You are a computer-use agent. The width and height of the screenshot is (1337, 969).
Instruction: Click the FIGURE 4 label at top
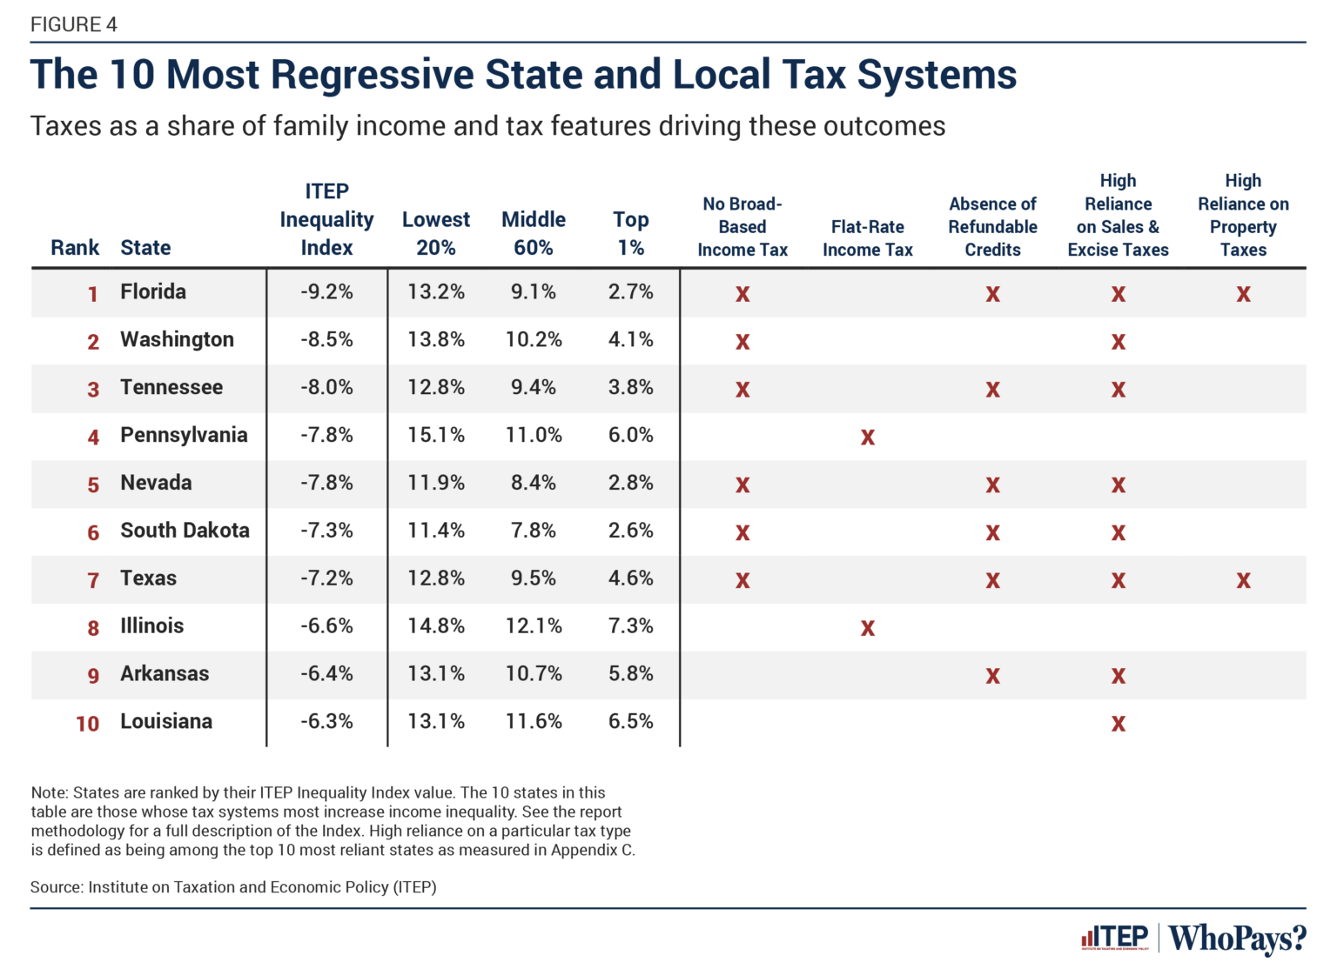(x=74, y=24)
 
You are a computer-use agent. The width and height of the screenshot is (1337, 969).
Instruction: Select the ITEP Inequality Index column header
(x=326, y=219)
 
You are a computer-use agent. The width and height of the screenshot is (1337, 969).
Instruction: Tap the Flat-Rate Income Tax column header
(x=867, y=237)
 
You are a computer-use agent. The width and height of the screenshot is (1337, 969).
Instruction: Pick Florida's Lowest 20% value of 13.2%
(x=435, y=292)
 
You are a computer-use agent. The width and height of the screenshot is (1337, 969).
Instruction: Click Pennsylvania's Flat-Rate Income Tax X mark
(x=867, y=437)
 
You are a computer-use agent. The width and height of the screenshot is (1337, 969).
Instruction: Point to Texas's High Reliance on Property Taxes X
(x=1243, y=580)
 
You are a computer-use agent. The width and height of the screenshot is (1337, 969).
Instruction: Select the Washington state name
(x=177, y=339)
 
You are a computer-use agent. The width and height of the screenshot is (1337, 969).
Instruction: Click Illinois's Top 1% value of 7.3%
(x=630, y=626)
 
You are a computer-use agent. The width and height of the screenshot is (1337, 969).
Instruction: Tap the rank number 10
(x=87, y=724)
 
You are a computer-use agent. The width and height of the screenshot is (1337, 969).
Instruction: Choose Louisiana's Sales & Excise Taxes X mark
(x=1118, y=724)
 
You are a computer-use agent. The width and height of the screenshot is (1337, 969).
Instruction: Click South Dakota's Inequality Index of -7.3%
(x=326, y=531)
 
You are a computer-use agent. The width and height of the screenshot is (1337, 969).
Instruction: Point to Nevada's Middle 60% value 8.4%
(x=533, y=483)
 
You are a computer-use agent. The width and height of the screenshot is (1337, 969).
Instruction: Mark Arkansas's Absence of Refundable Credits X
(x=992, y=676)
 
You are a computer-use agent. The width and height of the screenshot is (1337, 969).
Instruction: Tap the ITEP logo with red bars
(x=1115, y=938)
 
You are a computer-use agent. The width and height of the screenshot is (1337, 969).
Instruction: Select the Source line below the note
(x=233, y=887)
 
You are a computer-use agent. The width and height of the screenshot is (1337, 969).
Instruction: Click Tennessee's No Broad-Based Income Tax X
(x=742, y=389)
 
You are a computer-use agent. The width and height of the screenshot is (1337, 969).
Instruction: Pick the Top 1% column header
(x=630, y=233)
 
